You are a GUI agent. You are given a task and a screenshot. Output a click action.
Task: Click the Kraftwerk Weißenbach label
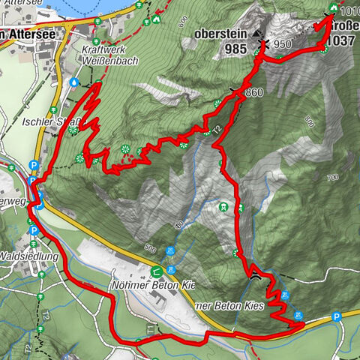tap(107, 54)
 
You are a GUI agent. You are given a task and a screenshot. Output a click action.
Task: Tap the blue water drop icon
tap(74, 82)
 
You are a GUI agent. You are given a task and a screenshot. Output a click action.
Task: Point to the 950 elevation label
tap(282, 44)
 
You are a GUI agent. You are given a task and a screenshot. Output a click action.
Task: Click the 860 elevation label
tap(253, 91)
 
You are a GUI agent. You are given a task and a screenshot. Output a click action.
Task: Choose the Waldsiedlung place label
tap(29, 255)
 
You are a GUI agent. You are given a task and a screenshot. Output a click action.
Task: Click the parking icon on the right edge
tap(337, 316)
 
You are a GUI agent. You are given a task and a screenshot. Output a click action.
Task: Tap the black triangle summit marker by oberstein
tap(257, 34)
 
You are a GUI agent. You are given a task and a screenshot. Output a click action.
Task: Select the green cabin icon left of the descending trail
tap(222, 206)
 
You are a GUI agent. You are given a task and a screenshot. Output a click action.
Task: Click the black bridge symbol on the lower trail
tap(256, 275)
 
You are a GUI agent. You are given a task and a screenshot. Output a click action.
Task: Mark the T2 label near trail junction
tap(217, 130)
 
